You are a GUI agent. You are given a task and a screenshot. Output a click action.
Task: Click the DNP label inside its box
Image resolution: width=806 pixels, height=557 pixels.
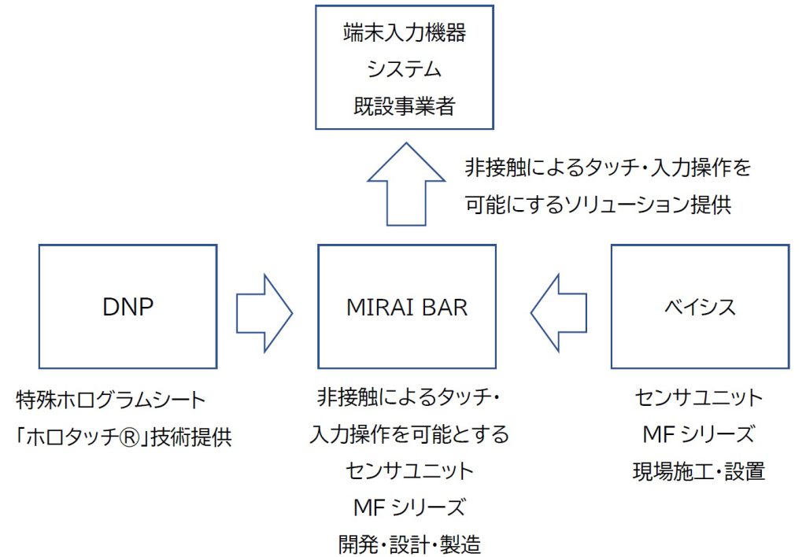[x=128, y=307]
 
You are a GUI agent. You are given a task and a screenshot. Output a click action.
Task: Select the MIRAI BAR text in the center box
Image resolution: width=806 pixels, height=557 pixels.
[x=407, y=307]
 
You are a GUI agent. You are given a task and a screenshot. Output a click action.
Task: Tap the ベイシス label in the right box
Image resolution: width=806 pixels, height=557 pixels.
[x=700, y=307]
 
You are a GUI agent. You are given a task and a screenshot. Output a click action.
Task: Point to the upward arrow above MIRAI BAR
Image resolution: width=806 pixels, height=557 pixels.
[x=407, y=185]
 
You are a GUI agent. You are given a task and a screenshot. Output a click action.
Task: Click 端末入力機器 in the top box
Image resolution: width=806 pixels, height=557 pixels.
[x=405, y=34]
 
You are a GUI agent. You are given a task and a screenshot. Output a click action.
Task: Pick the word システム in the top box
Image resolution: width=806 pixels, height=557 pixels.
[x=405, y=69]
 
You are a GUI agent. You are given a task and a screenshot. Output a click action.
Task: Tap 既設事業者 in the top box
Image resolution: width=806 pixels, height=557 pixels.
[x=405, y=105]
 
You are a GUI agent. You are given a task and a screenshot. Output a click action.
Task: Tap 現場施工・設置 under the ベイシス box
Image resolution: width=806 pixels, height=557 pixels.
[x=699, y=470]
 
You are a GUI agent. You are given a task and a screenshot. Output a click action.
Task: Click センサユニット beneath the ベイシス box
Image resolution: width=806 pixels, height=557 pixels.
[x=699, y=398]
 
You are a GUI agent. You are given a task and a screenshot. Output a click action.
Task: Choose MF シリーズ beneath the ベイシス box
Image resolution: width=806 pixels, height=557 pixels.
[x=699, y=434]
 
